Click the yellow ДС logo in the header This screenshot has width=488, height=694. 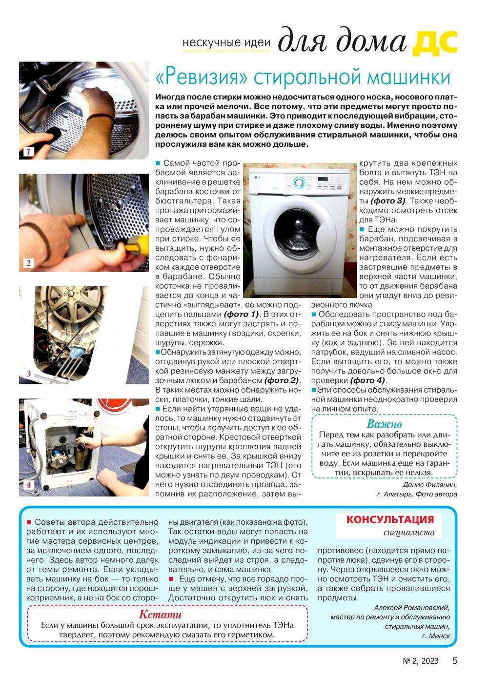(435, 42)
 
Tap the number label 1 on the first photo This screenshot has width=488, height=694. (28, 152)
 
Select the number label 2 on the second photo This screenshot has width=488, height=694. (28, 263)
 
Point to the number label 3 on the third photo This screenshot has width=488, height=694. (28, 374)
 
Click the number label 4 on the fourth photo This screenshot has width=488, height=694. (28, 485)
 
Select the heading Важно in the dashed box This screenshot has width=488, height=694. (384, 424)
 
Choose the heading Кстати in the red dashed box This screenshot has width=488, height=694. (160, 615)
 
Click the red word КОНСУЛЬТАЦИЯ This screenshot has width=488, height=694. (390, 519)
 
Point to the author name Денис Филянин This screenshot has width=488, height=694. (430, 485)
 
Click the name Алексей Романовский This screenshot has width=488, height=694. (412, 608)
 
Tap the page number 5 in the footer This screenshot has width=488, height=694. (455, 661)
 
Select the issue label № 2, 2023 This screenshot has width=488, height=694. (421, 661)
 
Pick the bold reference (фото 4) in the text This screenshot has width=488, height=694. (367, 380)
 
